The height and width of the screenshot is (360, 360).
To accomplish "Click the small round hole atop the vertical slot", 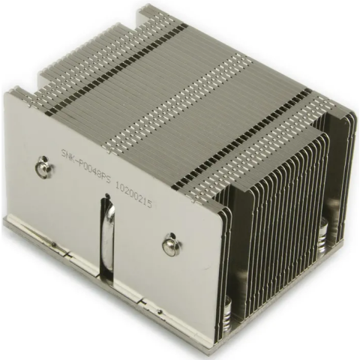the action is click(x=108, y=195).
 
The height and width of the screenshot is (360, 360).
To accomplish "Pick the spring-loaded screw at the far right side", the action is click(x=323, y=235).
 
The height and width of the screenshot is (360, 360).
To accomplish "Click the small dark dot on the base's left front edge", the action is click(x=53, y=245).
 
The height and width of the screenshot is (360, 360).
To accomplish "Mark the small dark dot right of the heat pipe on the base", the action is click(x=160, y=312).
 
